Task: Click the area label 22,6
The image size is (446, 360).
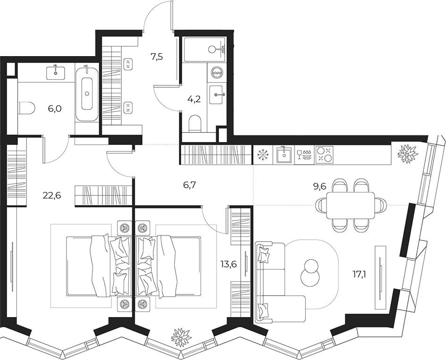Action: click(52, 195)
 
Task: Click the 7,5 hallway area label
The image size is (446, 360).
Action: click(157, 57)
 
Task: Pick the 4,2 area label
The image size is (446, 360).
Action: click(194, 99)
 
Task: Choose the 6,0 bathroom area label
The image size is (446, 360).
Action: click(55, 109)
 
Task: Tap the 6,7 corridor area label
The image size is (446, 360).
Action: click(189, 185)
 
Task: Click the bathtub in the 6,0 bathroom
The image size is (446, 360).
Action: click(87, 92)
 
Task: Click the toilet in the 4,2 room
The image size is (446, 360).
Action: click(195, 124)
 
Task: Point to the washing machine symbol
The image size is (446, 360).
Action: click(218, 73)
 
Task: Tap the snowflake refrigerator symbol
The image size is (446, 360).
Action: click(262, 155)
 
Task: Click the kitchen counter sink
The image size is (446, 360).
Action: click(283, 155)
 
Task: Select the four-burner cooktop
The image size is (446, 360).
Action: click(324, 155)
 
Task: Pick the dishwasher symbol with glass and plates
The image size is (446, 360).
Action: click(304, 155)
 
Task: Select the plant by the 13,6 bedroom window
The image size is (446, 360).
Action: click(181, 337)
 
